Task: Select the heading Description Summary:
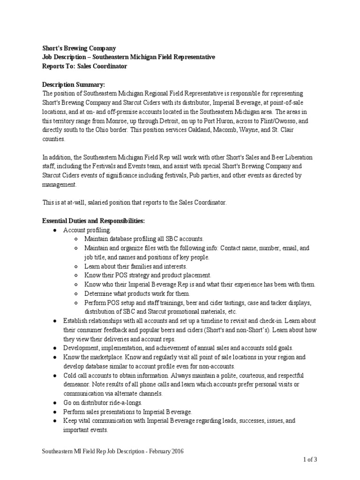click(73, 84)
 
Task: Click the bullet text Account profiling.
click(87, 230)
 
